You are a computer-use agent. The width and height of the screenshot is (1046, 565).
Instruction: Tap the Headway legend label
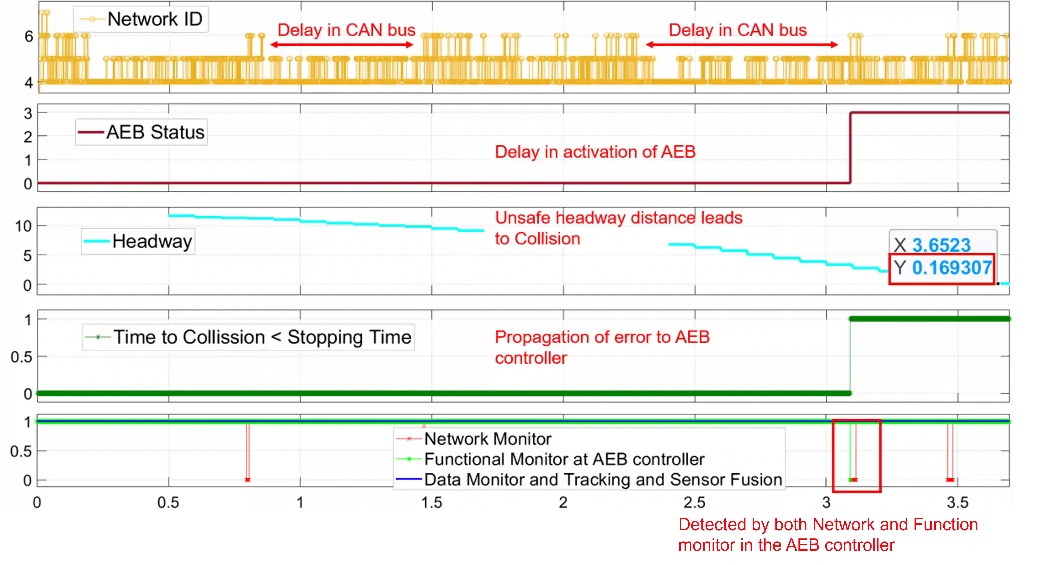(x=152, y=241)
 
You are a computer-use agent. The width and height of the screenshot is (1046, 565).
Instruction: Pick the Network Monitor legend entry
(x=487, y=439)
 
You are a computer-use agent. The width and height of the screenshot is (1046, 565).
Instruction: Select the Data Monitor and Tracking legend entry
(x=603, y=479)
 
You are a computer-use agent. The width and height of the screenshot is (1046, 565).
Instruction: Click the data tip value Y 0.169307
(x=951, y=268)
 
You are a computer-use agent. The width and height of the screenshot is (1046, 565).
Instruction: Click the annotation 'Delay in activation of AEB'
(x=595, y=152)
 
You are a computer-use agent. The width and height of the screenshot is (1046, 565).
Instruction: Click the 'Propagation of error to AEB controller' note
(x=602, y=348)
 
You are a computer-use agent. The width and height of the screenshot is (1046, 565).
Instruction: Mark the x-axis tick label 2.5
(x=694, y=503)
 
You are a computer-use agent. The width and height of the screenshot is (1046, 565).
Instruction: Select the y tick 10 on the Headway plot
(x=23, y=226)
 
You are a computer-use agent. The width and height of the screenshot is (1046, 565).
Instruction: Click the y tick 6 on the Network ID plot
(x=28, y=37)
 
